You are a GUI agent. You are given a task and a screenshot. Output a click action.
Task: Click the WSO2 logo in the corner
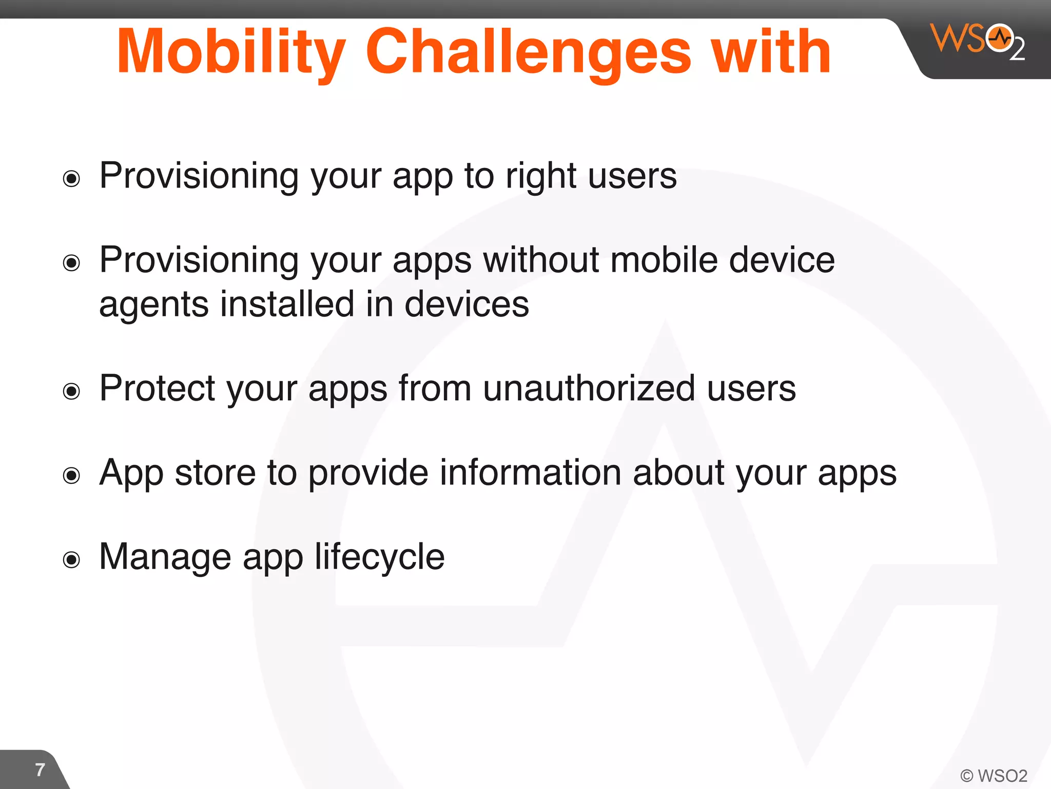pos(978,41)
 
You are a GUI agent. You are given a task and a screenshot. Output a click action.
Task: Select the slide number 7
pos(40,769)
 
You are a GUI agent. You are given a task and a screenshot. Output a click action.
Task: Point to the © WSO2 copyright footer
pos(994,775)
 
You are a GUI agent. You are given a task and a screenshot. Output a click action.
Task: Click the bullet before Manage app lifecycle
pos(71,559)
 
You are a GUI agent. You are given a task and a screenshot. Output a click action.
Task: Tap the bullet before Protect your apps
pos(71,391)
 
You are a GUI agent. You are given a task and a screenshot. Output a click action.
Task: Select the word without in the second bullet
pos(541,260)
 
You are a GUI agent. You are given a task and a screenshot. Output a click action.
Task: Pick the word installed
pos(287,304)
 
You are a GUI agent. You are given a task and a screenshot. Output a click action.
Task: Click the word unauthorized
pos(589,388)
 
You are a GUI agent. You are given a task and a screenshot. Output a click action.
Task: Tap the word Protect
pos(157,388)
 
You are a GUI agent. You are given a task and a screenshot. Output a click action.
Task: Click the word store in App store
pos(215,473)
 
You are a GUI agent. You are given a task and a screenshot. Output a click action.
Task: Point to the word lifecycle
pos(379,557)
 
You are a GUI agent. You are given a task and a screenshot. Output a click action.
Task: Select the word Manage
pos(165,557)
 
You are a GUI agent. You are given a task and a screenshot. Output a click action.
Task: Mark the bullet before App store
pos(71,475)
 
